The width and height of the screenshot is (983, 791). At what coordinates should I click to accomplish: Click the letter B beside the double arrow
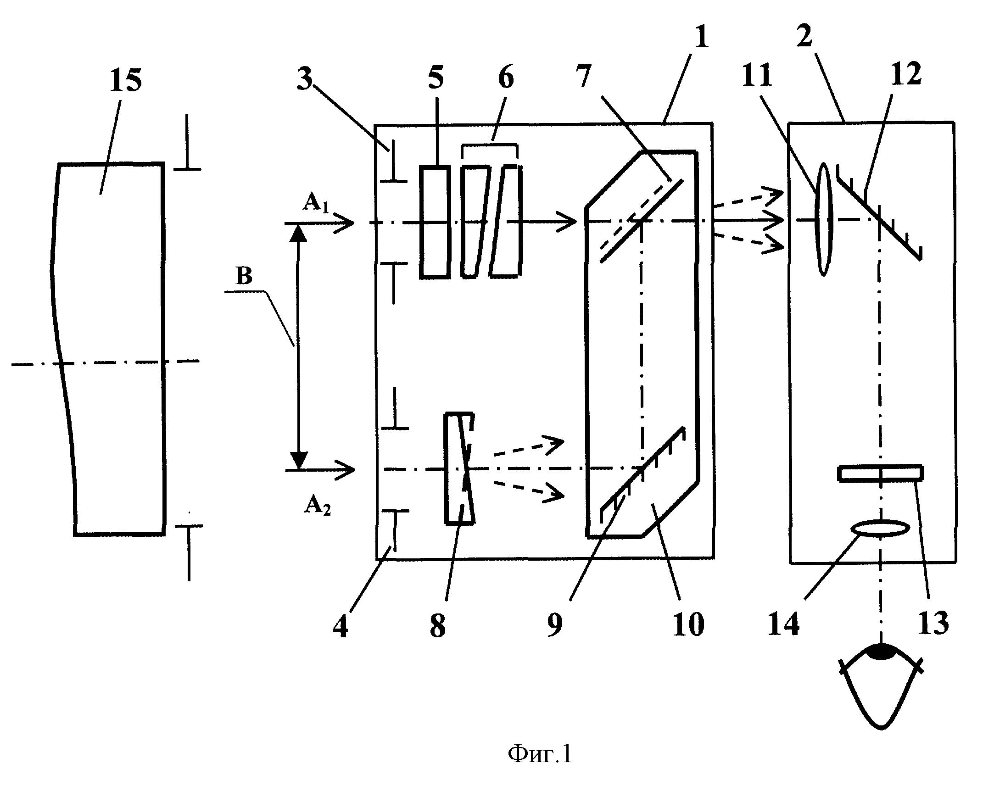[x=244, y=277]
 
